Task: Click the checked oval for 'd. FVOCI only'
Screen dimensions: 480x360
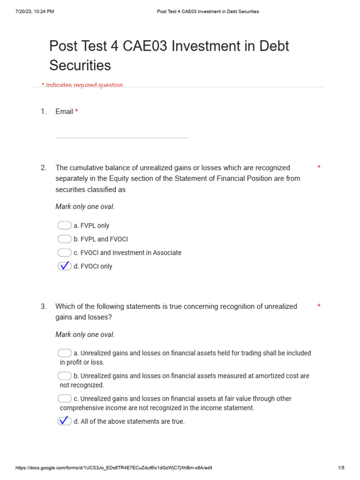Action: [65, 266]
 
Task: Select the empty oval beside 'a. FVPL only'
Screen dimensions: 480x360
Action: [65, 225]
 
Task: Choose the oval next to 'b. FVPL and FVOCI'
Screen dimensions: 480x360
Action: [65, 239]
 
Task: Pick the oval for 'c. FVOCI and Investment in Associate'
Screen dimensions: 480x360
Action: [65, 253]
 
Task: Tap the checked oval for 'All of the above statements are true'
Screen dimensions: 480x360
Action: [65, 421]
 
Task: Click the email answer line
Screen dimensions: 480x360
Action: [121, 137]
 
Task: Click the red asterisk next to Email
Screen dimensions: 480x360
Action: [76, 112]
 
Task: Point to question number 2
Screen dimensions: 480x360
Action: [44, 168]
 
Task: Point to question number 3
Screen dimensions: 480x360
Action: [44, 307]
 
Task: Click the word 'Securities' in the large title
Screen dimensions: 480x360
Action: [80, 65]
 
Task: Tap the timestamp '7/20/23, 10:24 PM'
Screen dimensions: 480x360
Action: [35, 12]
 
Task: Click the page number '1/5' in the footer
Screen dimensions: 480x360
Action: [341, 468]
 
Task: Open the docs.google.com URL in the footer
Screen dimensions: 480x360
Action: [114, 468]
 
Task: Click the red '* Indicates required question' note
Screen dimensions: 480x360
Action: [82, 85]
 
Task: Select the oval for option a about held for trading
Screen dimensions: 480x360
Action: [65, 353]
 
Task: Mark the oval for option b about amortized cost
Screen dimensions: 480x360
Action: [65, 376]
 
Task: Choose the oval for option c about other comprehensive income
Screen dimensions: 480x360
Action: [65, 399]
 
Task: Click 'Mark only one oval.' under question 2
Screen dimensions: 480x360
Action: [85, 207]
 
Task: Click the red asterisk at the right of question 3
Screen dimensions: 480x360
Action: [319, 307]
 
